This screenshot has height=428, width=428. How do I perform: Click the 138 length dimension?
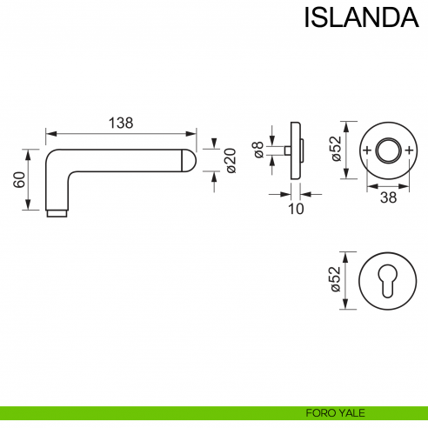[120, 123]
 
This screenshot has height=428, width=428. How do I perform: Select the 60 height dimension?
[18, 180]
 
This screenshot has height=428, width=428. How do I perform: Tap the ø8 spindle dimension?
[258, 151]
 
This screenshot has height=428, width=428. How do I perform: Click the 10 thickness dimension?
[295, 208]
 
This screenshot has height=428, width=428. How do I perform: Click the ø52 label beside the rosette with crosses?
[335, 150]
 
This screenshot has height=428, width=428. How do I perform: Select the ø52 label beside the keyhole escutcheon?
[335, 281]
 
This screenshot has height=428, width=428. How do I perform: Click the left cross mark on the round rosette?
[366, 151]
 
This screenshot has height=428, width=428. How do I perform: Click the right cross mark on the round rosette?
[405, 151]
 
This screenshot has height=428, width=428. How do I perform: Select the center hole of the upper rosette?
[385, 151]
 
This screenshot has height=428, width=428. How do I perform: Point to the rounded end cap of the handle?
[189, 160]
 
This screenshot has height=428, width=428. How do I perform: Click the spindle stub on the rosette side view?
[286, 151]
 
